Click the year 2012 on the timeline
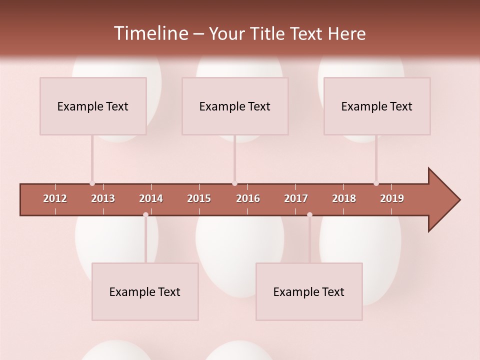pyautogui.click(x=55, y=198)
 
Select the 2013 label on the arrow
pyautogui.click(x=103, y=198)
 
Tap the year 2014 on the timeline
pyautogui.click(x=151, y=198)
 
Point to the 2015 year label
pyautogui.click(x=199, y=198)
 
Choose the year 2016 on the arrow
pyautogui.click(x=248, y=198)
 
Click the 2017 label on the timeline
pyautogui.click(x=296, y=198)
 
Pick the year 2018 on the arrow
pyautogui.click(x=344, y=198)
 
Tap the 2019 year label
pyautogui.click(x=392, y=198)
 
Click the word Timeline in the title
pyautogui.click(x=149, y=33)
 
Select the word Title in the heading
pyautogui.click(x=268, y=34)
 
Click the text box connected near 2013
pyautogui.click(x=93, y=106)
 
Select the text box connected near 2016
pyautogui.click(x=235, y=106)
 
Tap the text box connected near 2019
pyautogui.click(x=377, y=106)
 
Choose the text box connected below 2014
pyautogui.click(x=145, y=291)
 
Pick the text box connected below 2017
pyautogui.click(x=309, y=291)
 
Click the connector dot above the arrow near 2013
pyautogui.click(x=92, y=183)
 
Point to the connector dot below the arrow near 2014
pyautogui.click(x=145, y=214)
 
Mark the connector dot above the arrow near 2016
pyautogui.click(x=234, y=183)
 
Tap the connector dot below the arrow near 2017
pyautogui.click(x=309, y=214)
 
